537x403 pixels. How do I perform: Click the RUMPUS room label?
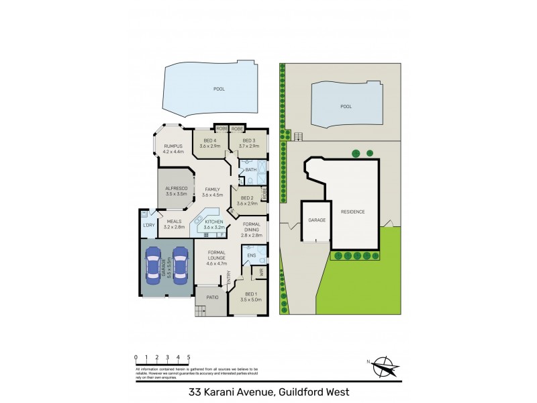pos(173,146)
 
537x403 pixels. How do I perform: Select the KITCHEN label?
pos(213,222)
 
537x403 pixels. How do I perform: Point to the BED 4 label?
pos(210,140)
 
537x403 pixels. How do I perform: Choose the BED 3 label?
pos(250,140)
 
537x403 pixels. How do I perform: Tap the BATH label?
pos(250,170)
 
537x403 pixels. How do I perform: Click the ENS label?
pos(251,256)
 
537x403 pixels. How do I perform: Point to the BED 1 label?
pos(249,294)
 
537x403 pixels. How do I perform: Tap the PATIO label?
pos(213,297)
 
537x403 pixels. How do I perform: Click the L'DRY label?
pos(148,225)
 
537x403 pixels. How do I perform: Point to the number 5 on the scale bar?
pos(189,357)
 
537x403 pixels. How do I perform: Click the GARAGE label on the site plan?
pos(316,220)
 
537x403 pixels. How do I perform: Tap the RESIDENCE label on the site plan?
pos(353,212)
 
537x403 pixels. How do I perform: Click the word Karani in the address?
pos(245,392)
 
